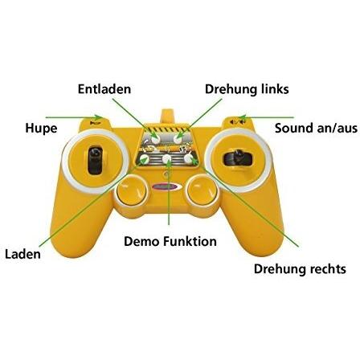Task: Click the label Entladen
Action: click(x=104, y=89)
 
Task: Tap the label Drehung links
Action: click(x=247, y=89)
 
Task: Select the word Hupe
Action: click(x=41, y=129)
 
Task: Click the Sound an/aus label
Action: click(x=316, y=128)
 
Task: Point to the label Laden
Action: click(x=23, y=254)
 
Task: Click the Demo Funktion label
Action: click(x=170, y=241)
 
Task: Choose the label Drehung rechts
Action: click(x=300, y=268)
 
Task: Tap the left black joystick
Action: click(x=95, y=160)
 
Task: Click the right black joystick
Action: click(x=238, y=158)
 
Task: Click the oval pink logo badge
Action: click(x=166, y=186)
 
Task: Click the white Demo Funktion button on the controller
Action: click(x=167, y=158)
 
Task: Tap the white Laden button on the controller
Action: click(x=145, y=159)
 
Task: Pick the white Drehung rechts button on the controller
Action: click(x=189, y=158)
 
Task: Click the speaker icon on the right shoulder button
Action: click(x=237, y=122)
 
